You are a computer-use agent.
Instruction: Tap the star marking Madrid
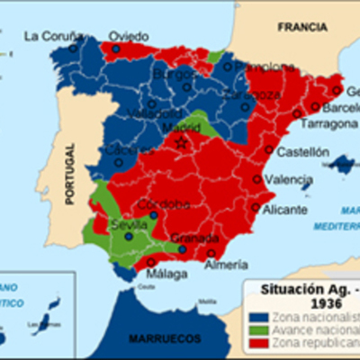pyautogui.click(x=181, y=142)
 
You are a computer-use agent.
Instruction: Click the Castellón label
pyautogui.click(x=301, y=152)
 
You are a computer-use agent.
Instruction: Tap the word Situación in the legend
pyautogui.click(x=288, y=290)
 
